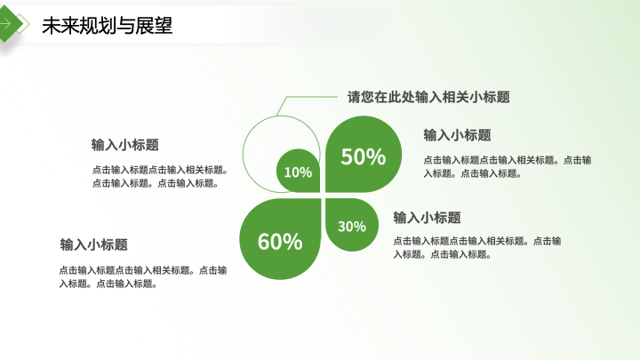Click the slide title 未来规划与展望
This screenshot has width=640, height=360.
tap(108, 25)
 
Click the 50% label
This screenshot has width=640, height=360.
tap(364, 156)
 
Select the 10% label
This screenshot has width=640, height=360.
tap(298, 172)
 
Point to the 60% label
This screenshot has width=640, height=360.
tap(280, 242)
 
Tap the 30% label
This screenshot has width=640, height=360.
tap(352, 227)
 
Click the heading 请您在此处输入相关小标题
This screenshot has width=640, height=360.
tap(428, 97)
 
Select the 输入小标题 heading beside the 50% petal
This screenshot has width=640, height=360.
tap(457, 135)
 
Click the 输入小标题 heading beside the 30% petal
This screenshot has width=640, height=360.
tap(427, 218)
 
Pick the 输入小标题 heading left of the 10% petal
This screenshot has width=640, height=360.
tap(125, 145)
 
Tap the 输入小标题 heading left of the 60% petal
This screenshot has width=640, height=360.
tap(94, 245)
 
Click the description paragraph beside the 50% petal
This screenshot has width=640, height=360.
tap(508, 166)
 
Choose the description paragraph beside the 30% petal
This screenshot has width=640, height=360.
tap(477, 247)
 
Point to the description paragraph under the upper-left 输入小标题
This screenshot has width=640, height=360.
tap(160, 176)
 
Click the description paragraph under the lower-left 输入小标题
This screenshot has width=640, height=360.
tap(143, 276)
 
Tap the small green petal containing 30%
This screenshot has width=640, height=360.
tap(352, 225)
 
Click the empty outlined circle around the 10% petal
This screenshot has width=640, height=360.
tap(244, 155)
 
